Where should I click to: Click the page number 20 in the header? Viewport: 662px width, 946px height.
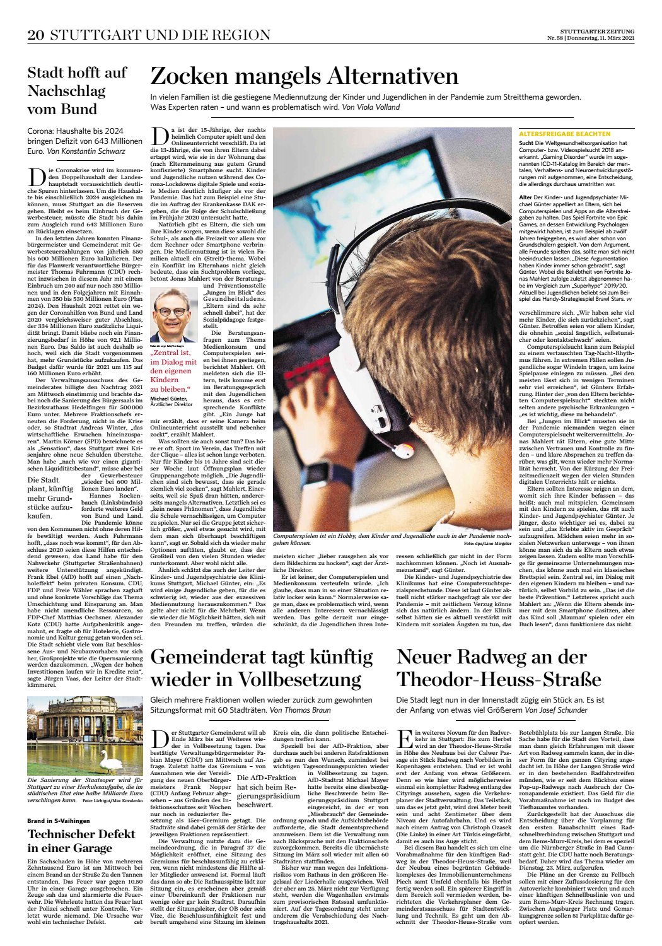click(35, 35)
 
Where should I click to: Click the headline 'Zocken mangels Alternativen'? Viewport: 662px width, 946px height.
click(304, 76)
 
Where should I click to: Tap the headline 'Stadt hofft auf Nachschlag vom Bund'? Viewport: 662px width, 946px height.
click(76, 91)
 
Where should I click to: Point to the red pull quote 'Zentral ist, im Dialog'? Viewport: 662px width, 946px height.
click(171, 371)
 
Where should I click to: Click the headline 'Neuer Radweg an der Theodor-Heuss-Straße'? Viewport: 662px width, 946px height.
click(498, 668)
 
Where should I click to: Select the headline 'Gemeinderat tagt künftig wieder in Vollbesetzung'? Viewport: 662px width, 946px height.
click(262, 668)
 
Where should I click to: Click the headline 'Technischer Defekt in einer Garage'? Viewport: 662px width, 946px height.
click(81, 841)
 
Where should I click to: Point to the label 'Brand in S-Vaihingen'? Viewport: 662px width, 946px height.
click(59, 820)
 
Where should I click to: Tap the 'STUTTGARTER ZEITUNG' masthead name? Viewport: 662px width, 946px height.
click(597, 31)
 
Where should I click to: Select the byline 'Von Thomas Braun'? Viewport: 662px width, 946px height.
click(300, 710)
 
